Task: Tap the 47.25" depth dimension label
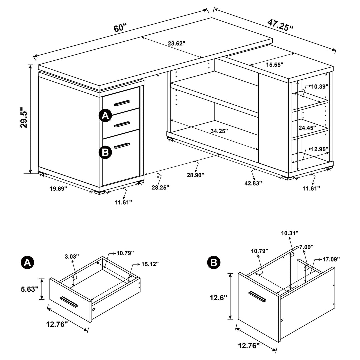pyautogui.click(x=280, y=25)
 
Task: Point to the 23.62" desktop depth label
pyautogui.click(x=176, y=43)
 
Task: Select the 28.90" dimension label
pyautogui.click(x=195, y=175)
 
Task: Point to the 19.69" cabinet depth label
pyautogui.click(x=58, y=189)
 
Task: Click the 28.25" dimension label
pyautogui.click(x=160, y=187)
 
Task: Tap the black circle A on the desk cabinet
pyautogui.click(x=105, y=116)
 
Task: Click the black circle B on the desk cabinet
pyautogui.click(x=105, y=152)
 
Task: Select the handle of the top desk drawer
pyautogui.click(x=122, y=102)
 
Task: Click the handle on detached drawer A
pyautogui.click(x=69, y=302)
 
